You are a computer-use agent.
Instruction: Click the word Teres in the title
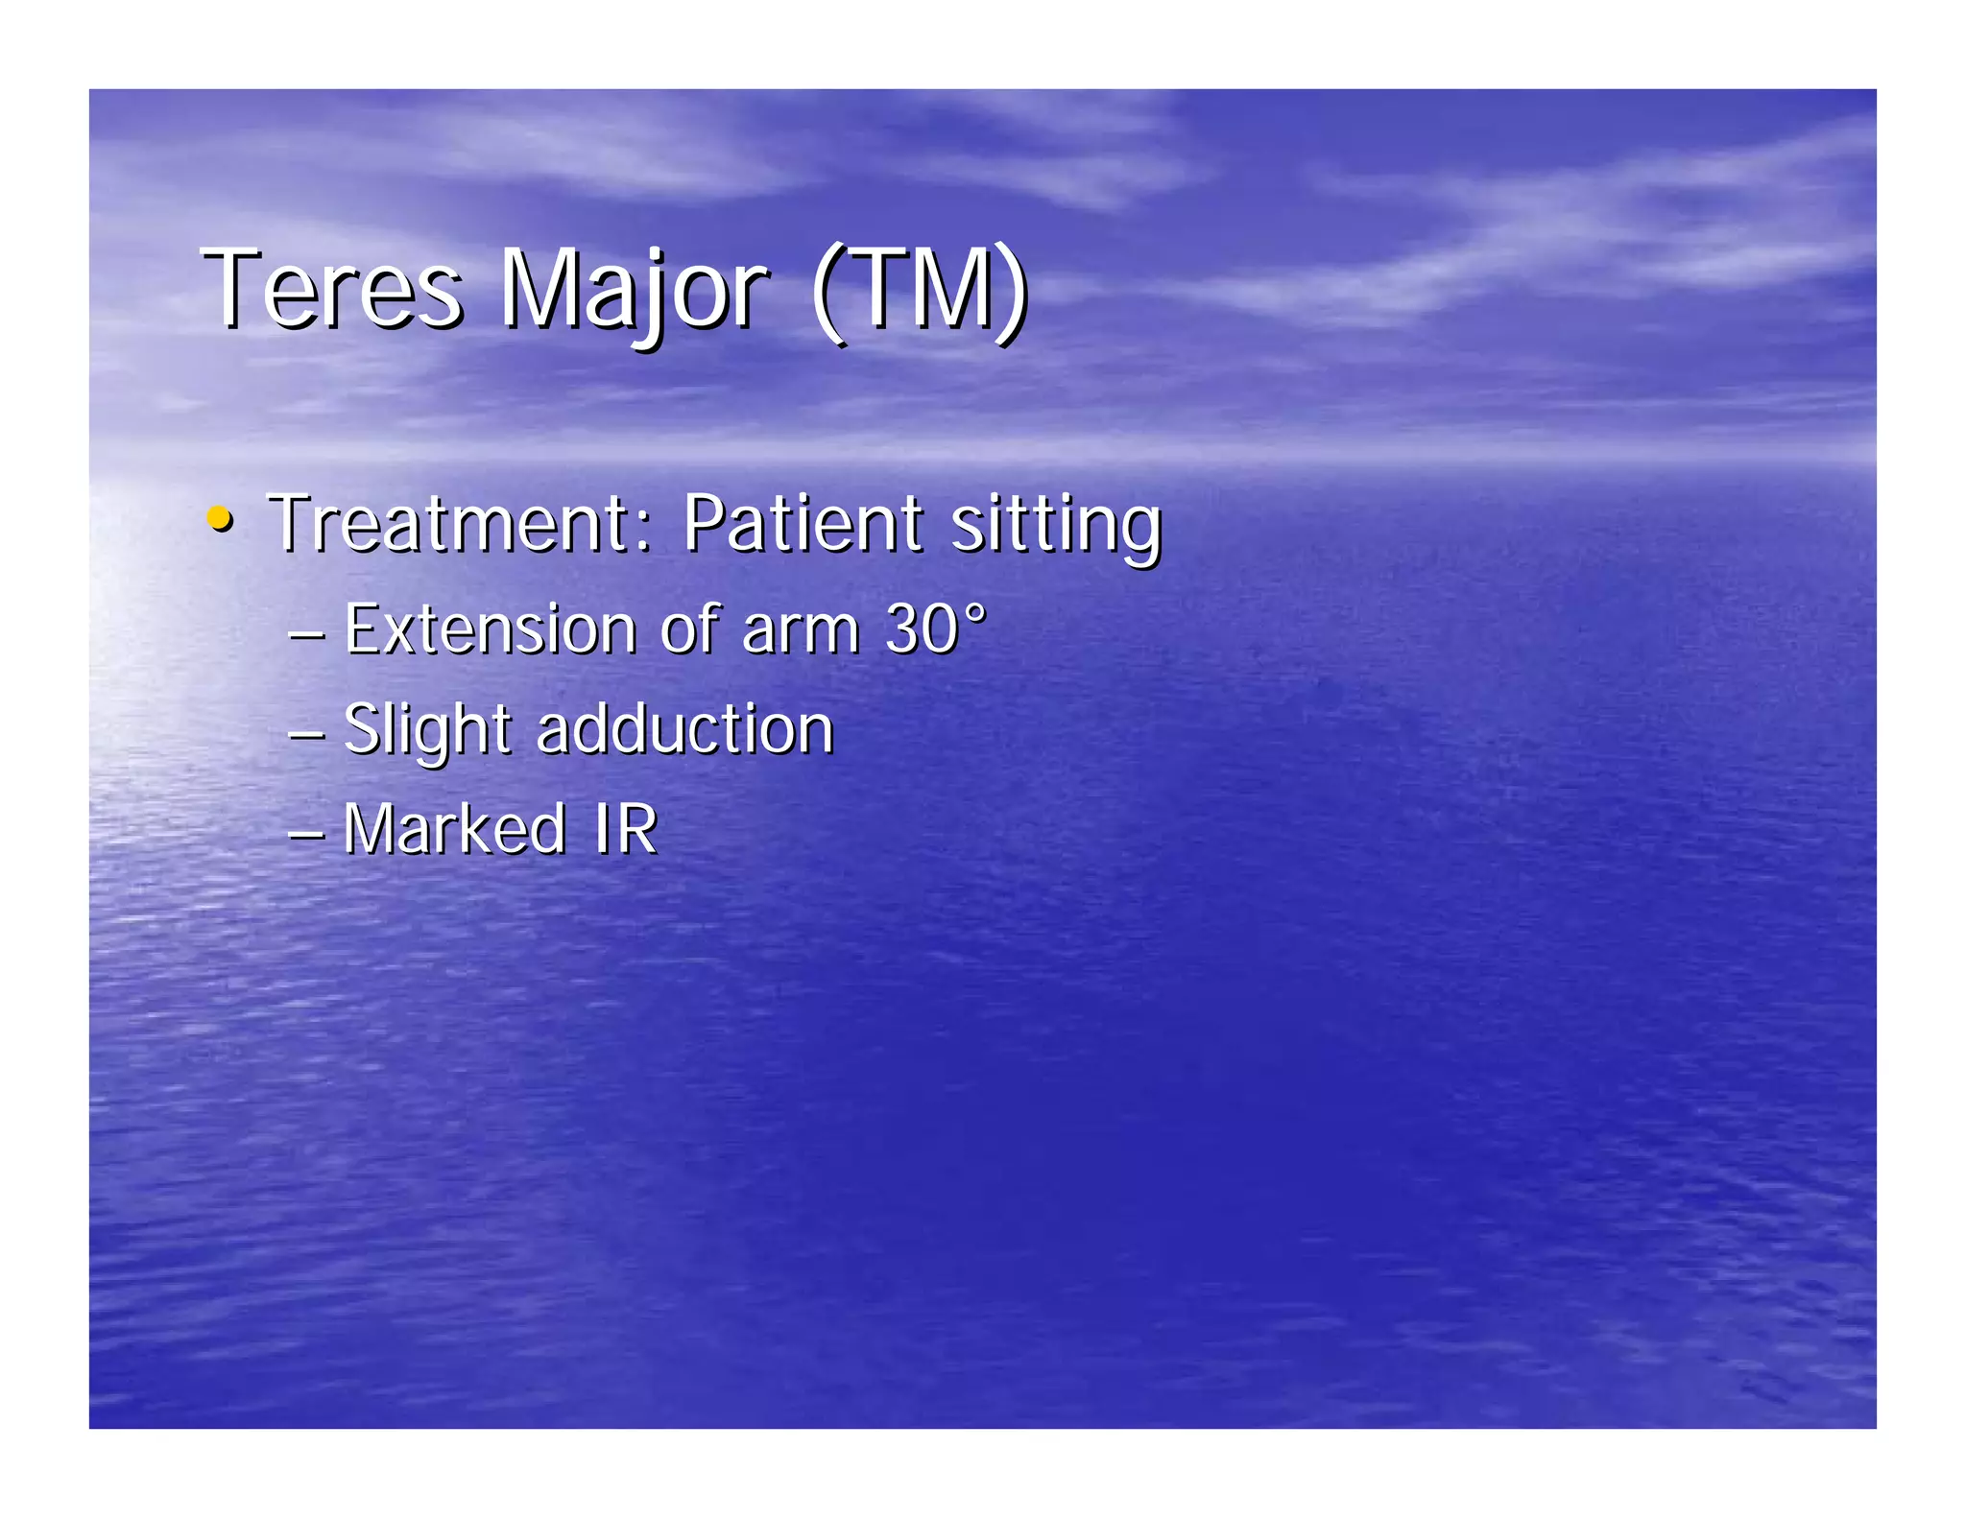331,289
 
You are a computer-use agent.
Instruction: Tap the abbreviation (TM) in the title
919,289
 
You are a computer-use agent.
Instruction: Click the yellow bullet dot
220,519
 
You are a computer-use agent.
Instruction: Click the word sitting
1055,526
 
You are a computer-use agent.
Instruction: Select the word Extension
490,629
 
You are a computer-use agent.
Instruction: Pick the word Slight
426,731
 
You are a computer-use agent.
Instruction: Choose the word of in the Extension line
690,629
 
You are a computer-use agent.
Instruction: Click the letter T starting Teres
228,287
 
